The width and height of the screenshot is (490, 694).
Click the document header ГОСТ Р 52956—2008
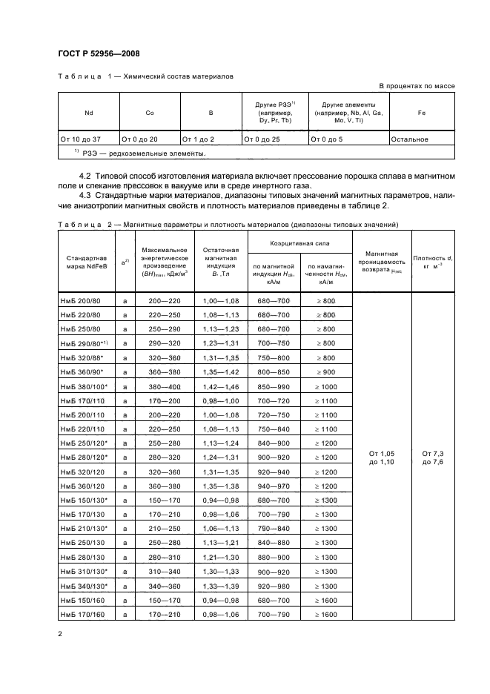[98, 53]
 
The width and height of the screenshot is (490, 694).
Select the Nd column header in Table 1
[88, 113]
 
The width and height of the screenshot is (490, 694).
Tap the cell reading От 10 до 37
[80, 139]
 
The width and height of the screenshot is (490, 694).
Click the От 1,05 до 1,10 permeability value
[385, 457]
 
